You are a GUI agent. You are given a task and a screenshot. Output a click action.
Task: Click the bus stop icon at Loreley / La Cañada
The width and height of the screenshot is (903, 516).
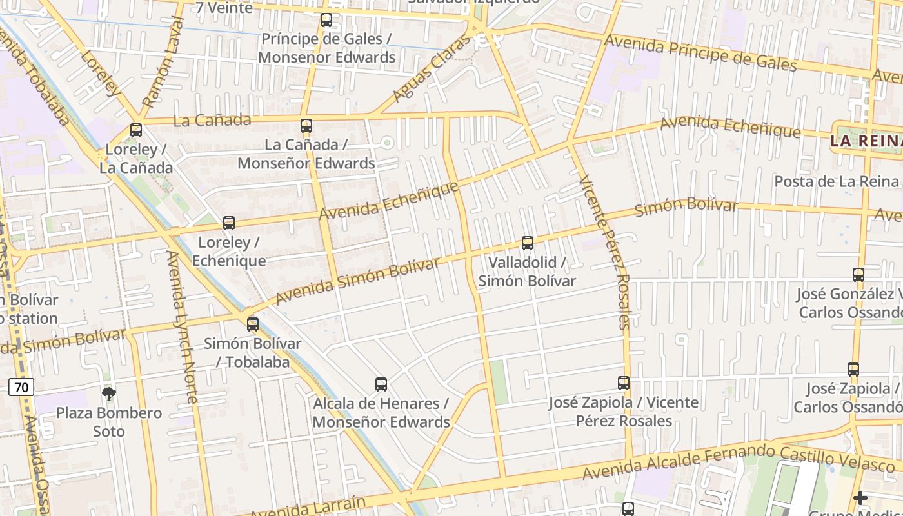click(x=135, y=130)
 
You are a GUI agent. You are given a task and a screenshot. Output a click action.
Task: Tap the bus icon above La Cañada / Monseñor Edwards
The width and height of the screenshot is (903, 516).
click(x=306, y=126)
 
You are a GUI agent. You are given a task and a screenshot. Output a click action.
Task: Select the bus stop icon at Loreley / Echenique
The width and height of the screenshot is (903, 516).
click(x=229, y=223)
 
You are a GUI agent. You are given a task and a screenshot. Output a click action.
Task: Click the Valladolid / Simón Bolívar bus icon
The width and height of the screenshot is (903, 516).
click(x=528, y=243)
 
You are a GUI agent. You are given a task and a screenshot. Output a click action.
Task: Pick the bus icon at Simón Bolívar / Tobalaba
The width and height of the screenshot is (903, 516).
click(x=253, y=324)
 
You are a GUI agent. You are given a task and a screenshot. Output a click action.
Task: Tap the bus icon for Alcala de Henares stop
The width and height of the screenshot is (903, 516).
click(x=381, y=384)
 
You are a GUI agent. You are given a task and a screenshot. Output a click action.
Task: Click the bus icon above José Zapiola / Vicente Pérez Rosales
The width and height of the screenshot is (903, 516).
click(x=624, y=383)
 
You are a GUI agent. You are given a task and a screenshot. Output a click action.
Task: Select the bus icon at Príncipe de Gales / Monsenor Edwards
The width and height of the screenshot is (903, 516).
click(x=326, y=20)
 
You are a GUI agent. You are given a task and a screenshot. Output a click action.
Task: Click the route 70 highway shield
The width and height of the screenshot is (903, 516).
click(x=21, y=387)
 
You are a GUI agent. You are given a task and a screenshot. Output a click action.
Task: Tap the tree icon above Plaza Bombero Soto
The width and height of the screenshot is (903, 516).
click(x=109, y=393)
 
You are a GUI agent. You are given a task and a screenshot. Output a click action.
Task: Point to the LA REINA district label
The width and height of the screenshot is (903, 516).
click(x=866, y=141)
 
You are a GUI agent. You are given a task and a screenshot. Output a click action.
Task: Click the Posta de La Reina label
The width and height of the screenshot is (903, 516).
click(x=837, y=181)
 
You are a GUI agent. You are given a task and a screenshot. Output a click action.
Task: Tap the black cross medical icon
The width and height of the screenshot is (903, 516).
click(x=860, y=498)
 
